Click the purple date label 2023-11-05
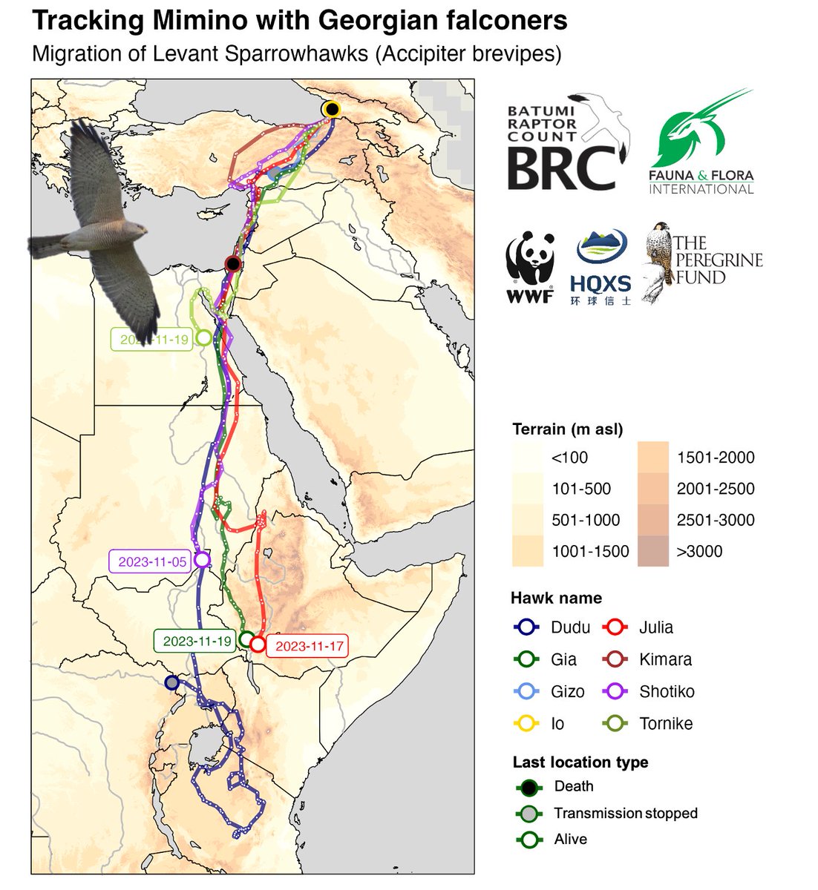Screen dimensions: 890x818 click(149, 561)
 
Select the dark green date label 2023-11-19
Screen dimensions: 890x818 click(197, 641)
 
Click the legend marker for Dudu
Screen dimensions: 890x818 click(526, 627)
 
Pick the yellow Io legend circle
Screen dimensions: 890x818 click(526, 724)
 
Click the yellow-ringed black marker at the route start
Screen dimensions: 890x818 click(332, 110)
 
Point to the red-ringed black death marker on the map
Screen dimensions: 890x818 click(233, 264)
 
